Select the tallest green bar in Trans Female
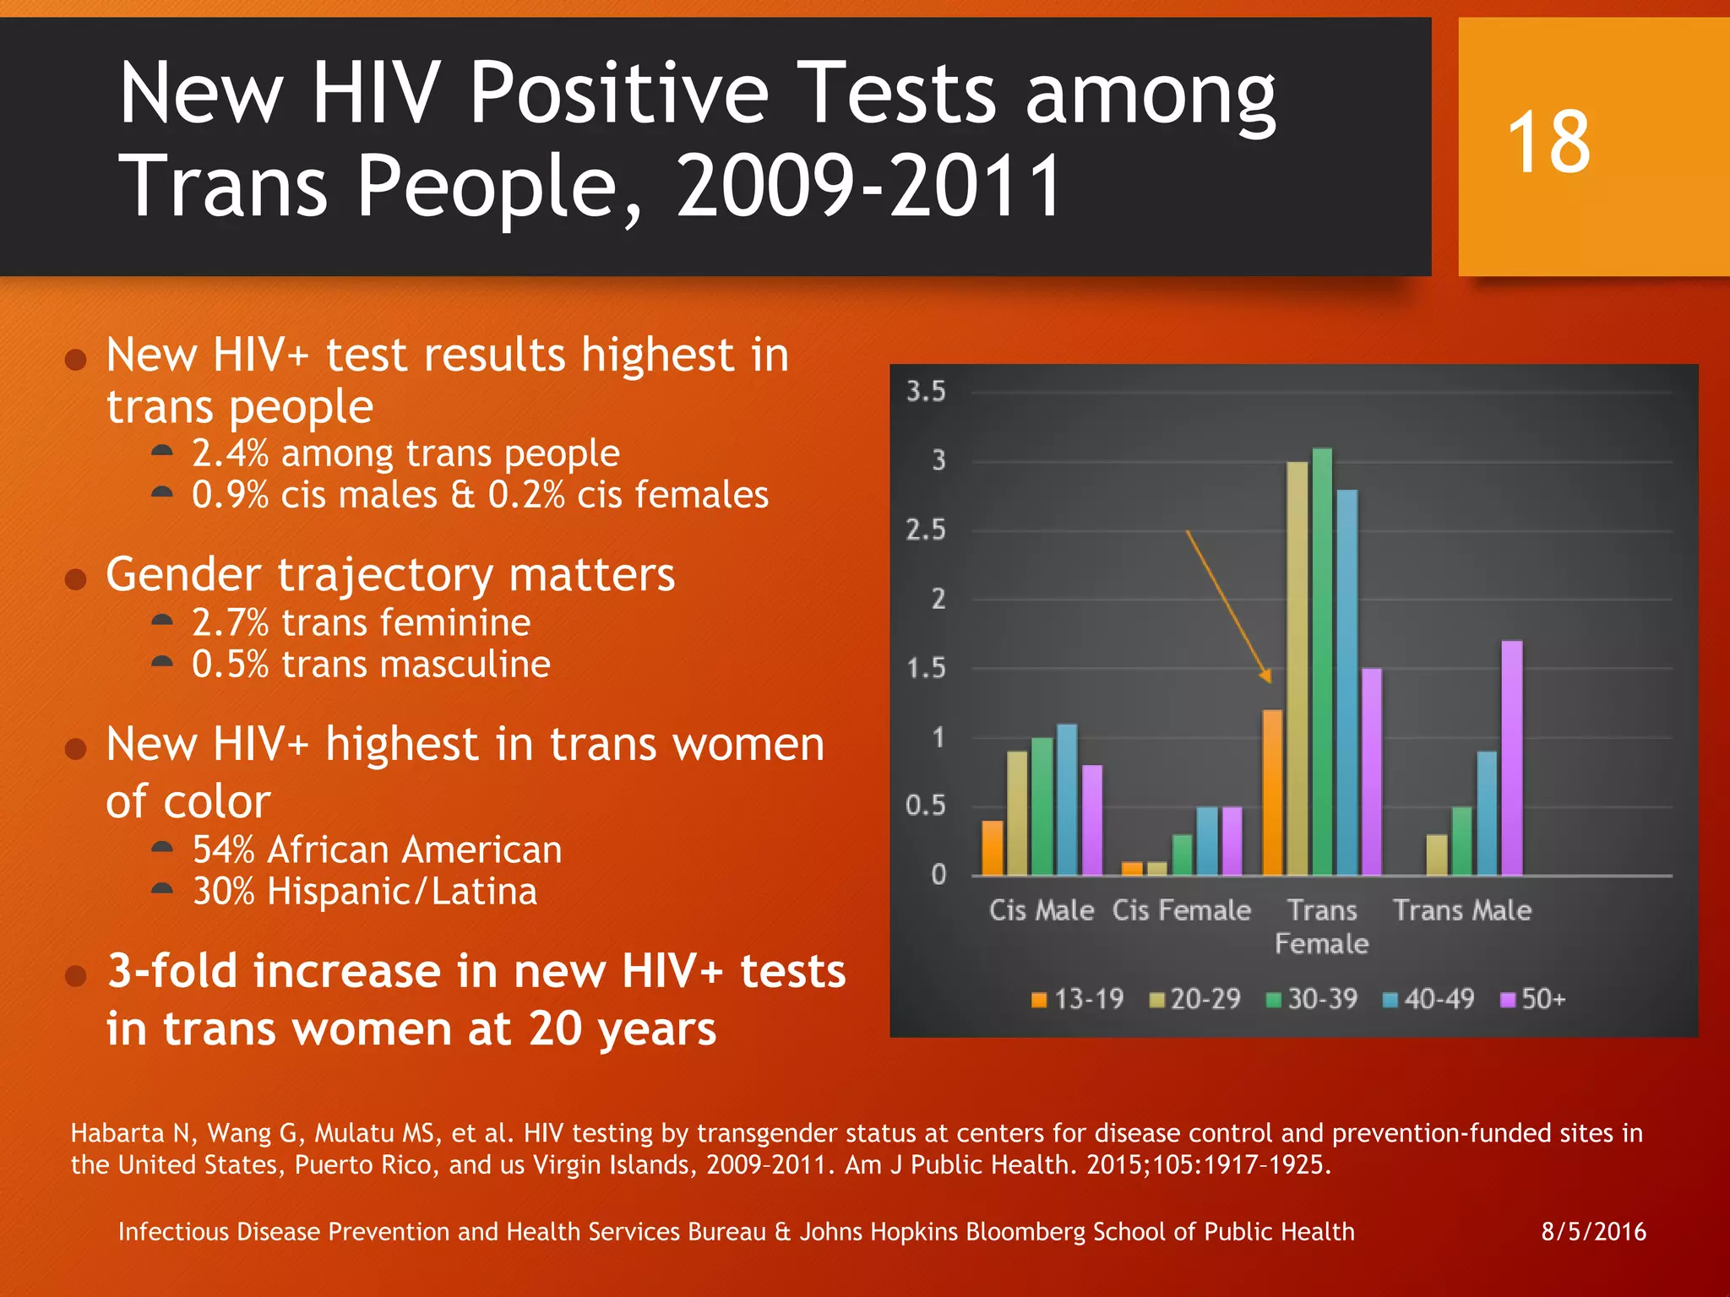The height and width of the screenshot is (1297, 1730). (1322, 662)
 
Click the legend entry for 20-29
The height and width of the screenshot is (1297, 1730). (1195, 1000)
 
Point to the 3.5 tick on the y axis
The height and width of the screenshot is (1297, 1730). (926, 392)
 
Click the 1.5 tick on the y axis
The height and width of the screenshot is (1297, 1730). (926, 669)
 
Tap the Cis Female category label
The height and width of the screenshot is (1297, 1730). (1181, 910)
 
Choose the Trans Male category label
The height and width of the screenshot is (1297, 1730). (1461, 910)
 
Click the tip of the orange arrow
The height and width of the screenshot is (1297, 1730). (1269, 681)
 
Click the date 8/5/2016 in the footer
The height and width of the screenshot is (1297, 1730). (1593, 1232)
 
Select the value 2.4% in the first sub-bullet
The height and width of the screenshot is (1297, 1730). (230, 453)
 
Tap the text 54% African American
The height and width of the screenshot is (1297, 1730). (377, 849)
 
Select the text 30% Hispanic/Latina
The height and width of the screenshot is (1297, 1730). (364, 892)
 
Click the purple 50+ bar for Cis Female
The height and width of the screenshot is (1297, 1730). (1232, 840)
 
